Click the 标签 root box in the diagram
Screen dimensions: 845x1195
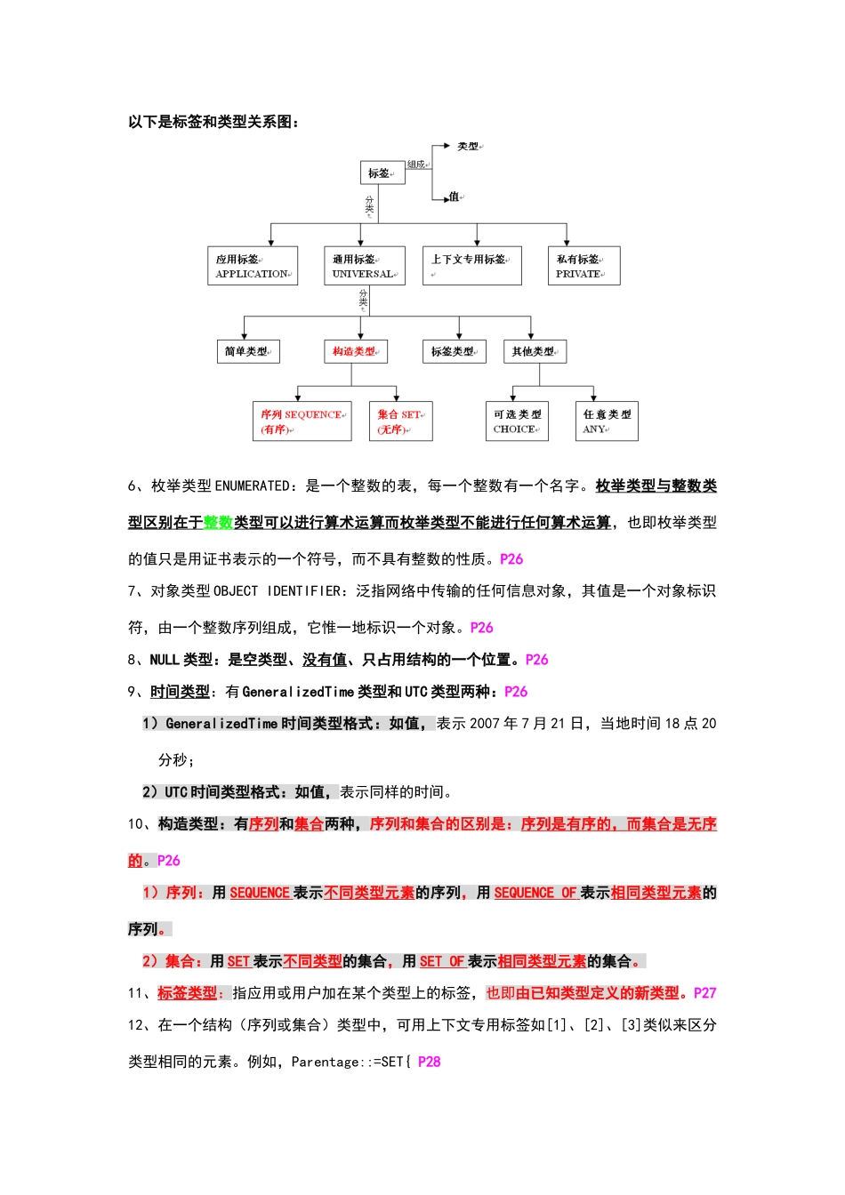tap(382, 172)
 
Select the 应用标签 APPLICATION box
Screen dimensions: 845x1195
tap(253, 266)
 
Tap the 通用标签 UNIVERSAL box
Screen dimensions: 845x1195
tap(364, 266)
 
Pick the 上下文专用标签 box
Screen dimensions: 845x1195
tap(471, 266)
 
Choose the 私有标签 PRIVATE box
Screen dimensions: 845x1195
tap(583, 266)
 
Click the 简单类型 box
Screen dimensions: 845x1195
tap(247, 351)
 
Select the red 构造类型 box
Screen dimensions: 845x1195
tap(355, 351)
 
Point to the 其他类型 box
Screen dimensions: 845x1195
tap(535, 351)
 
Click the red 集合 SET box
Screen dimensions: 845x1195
tap(400, 421)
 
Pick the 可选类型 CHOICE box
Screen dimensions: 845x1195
tap(517, 421)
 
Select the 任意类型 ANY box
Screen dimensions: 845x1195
tap(607, 421)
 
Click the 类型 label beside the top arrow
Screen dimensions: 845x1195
tap(469, 147)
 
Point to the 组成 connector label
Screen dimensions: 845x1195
tap(416, 164)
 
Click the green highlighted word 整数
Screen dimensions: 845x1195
tap(218, 523)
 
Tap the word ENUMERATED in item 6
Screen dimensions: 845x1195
tap(253, 486)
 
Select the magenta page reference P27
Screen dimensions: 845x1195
tap(704, 993)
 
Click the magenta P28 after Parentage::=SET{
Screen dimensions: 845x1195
tap(429, 1062)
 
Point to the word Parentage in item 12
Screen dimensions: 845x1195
tap(326, 1062)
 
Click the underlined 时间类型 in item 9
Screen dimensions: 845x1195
tap(180, 692)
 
